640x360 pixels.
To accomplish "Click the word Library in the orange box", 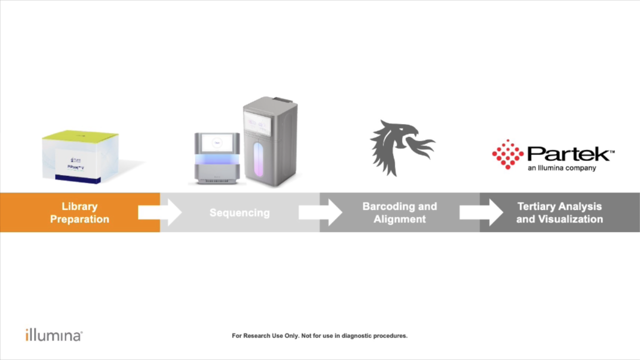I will pos(79,206).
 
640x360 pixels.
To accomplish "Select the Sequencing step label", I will pos(239,213).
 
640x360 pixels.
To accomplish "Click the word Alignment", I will pos(399,219).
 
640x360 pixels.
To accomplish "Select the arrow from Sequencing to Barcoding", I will pos(320,212).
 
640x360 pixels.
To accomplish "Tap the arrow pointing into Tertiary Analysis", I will pos(480,212).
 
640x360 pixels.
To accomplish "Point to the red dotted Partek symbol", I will pos(507,154).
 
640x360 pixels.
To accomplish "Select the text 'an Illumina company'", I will pos(561,168).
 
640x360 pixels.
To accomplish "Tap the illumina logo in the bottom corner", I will pos(53,335).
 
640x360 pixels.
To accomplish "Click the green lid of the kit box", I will pos(80,135).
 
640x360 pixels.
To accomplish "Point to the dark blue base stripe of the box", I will pos(77,178).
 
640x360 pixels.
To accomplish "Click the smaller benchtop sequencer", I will pos(217,158).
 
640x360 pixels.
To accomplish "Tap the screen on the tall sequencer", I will pos(258,123).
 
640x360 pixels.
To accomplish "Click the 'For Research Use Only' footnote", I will pos(319,336).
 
